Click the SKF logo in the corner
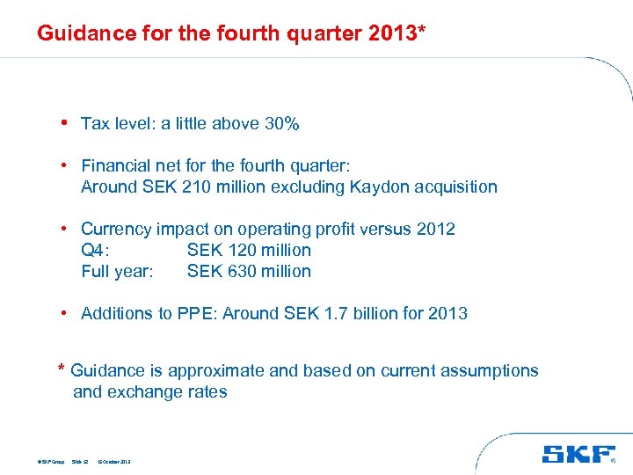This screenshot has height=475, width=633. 578,454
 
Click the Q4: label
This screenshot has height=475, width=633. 95,250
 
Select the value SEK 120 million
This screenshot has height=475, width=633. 249,250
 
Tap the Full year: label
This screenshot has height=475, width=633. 117,271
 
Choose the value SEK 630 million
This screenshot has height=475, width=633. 249,271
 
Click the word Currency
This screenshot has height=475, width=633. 116,229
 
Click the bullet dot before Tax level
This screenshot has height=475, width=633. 65,122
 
